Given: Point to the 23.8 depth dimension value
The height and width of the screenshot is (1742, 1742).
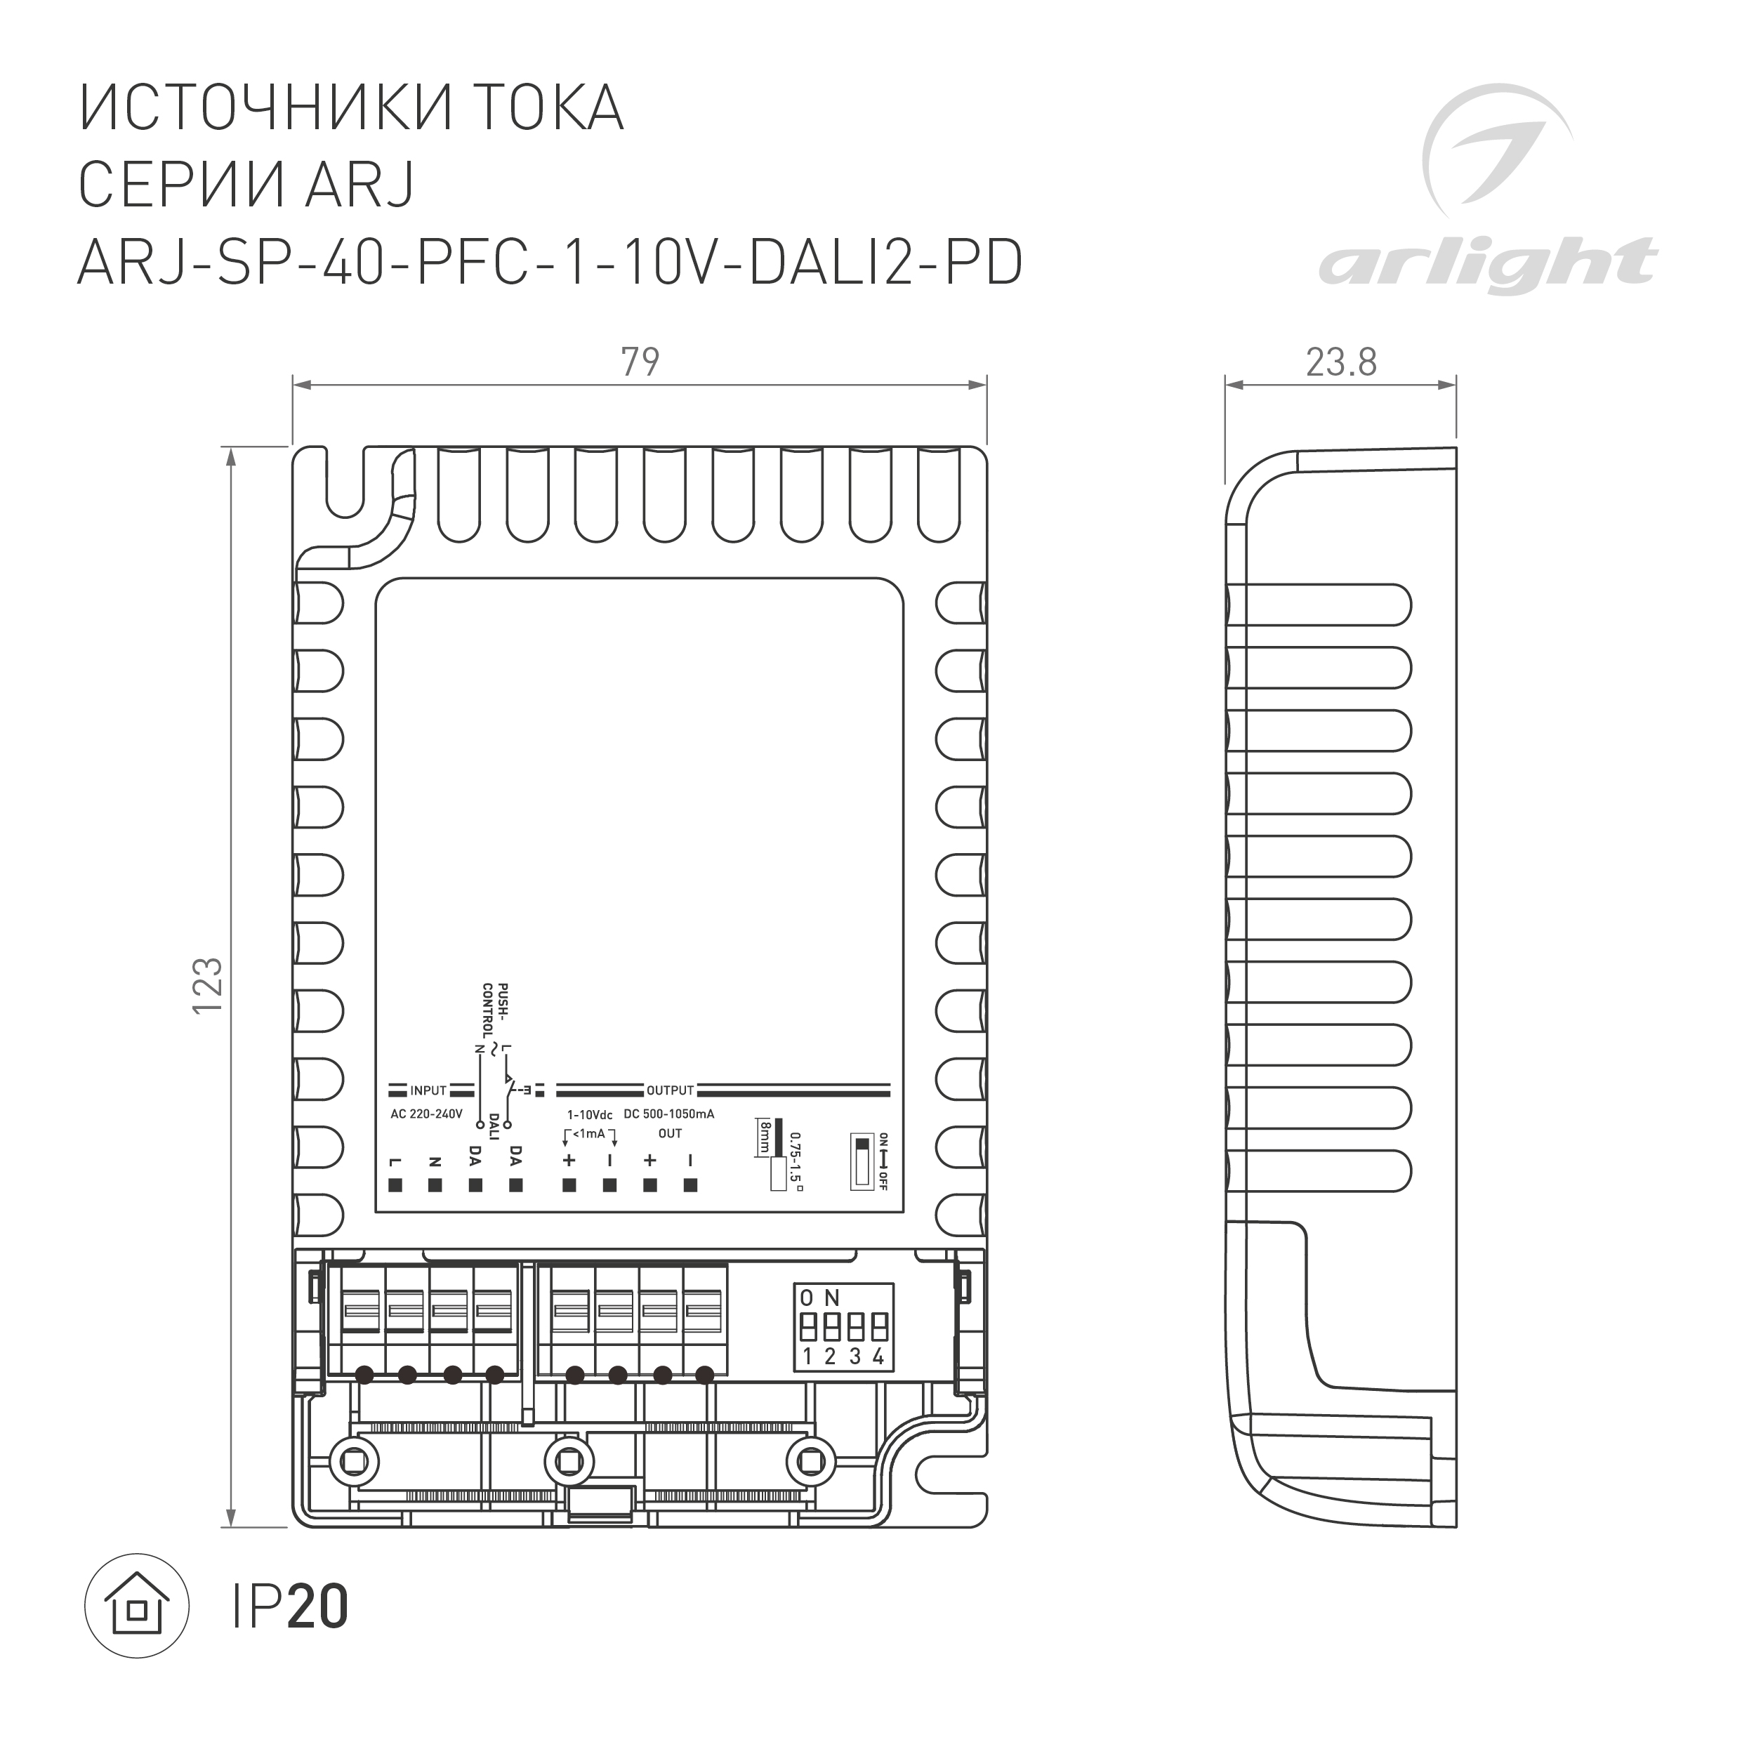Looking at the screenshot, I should [x=1341, y=362].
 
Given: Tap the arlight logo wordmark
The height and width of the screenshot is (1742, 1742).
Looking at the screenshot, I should [x=1487, y=264].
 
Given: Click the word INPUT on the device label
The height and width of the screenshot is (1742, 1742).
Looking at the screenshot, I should [x=428, y=1091].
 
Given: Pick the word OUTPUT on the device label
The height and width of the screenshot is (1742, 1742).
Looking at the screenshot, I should [x=670, y=1091].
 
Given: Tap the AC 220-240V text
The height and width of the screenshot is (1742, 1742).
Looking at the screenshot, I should [x=425, y=1114].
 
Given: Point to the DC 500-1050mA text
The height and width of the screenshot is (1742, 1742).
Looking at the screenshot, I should [x=669, y=1114].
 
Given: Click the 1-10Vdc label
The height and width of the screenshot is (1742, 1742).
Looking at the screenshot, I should [x=590, y=1116].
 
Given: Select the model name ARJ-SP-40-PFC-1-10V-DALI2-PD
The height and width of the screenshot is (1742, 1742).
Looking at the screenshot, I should [x=550, y=263].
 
